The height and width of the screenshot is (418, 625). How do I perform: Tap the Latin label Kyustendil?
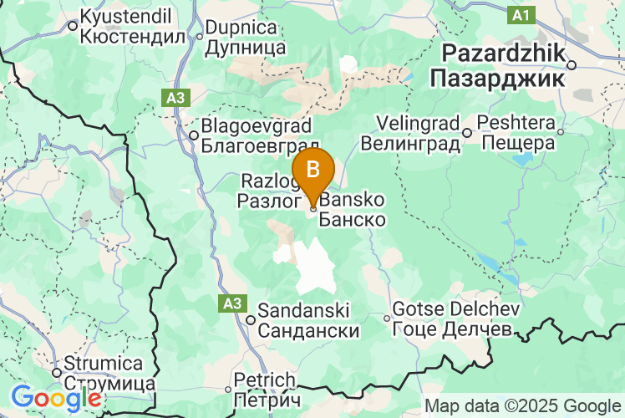(x=125, y=16)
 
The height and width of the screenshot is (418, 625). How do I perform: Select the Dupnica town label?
(x=246, y=28)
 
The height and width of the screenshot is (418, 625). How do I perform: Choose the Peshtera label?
(x=519, y=124)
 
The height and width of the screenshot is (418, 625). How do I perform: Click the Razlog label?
(x=266, y=181)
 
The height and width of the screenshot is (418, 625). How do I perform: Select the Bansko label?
(x=352, y=201)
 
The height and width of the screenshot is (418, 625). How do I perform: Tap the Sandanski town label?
(x=308, y=311)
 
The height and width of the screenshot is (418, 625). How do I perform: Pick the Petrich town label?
(x=265, y=380)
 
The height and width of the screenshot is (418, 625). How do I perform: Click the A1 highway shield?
(x=521, y=15)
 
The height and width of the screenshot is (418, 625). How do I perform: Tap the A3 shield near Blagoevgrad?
(x=175, y=99)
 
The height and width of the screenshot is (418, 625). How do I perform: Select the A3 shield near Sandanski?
(x=231, y=303)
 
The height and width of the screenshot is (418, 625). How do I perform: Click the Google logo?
(x=56, y=397)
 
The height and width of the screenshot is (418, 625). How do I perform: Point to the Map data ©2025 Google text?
(x=523, y=406)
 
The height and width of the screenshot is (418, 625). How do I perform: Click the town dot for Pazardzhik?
(x=572, y=64)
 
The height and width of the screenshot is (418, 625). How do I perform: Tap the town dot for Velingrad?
(x=468, y=132)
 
